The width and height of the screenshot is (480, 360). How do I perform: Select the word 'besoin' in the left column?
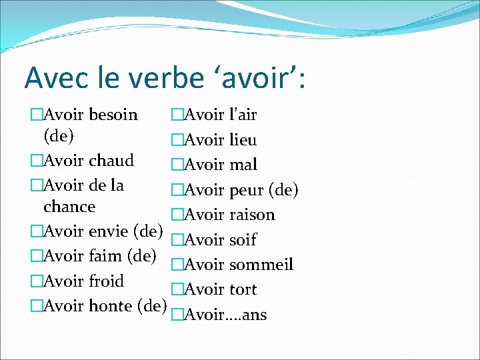pos(113,115)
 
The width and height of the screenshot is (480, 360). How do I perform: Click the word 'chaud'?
pos(111,161)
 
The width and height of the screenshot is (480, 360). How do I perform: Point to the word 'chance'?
pos(69,207)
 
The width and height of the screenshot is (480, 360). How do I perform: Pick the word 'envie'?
pos(109,231)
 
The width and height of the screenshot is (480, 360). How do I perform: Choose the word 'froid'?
pos(106,281)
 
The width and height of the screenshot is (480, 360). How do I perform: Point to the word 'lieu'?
pos(243,140)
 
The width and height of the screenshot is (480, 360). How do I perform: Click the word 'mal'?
pos(243,165)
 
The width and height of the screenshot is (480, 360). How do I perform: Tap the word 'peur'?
pos(247,190)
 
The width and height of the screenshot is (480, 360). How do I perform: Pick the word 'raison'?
pos(252,215)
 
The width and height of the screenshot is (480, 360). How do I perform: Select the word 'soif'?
pos(243,239)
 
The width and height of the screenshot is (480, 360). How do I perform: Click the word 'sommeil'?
pos(261,265)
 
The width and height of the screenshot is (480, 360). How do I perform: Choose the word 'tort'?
pos(243,289)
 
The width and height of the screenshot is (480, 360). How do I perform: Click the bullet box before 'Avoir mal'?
pos(177,165)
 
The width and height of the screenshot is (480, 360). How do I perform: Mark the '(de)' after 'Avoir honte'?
pos(151,305)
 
